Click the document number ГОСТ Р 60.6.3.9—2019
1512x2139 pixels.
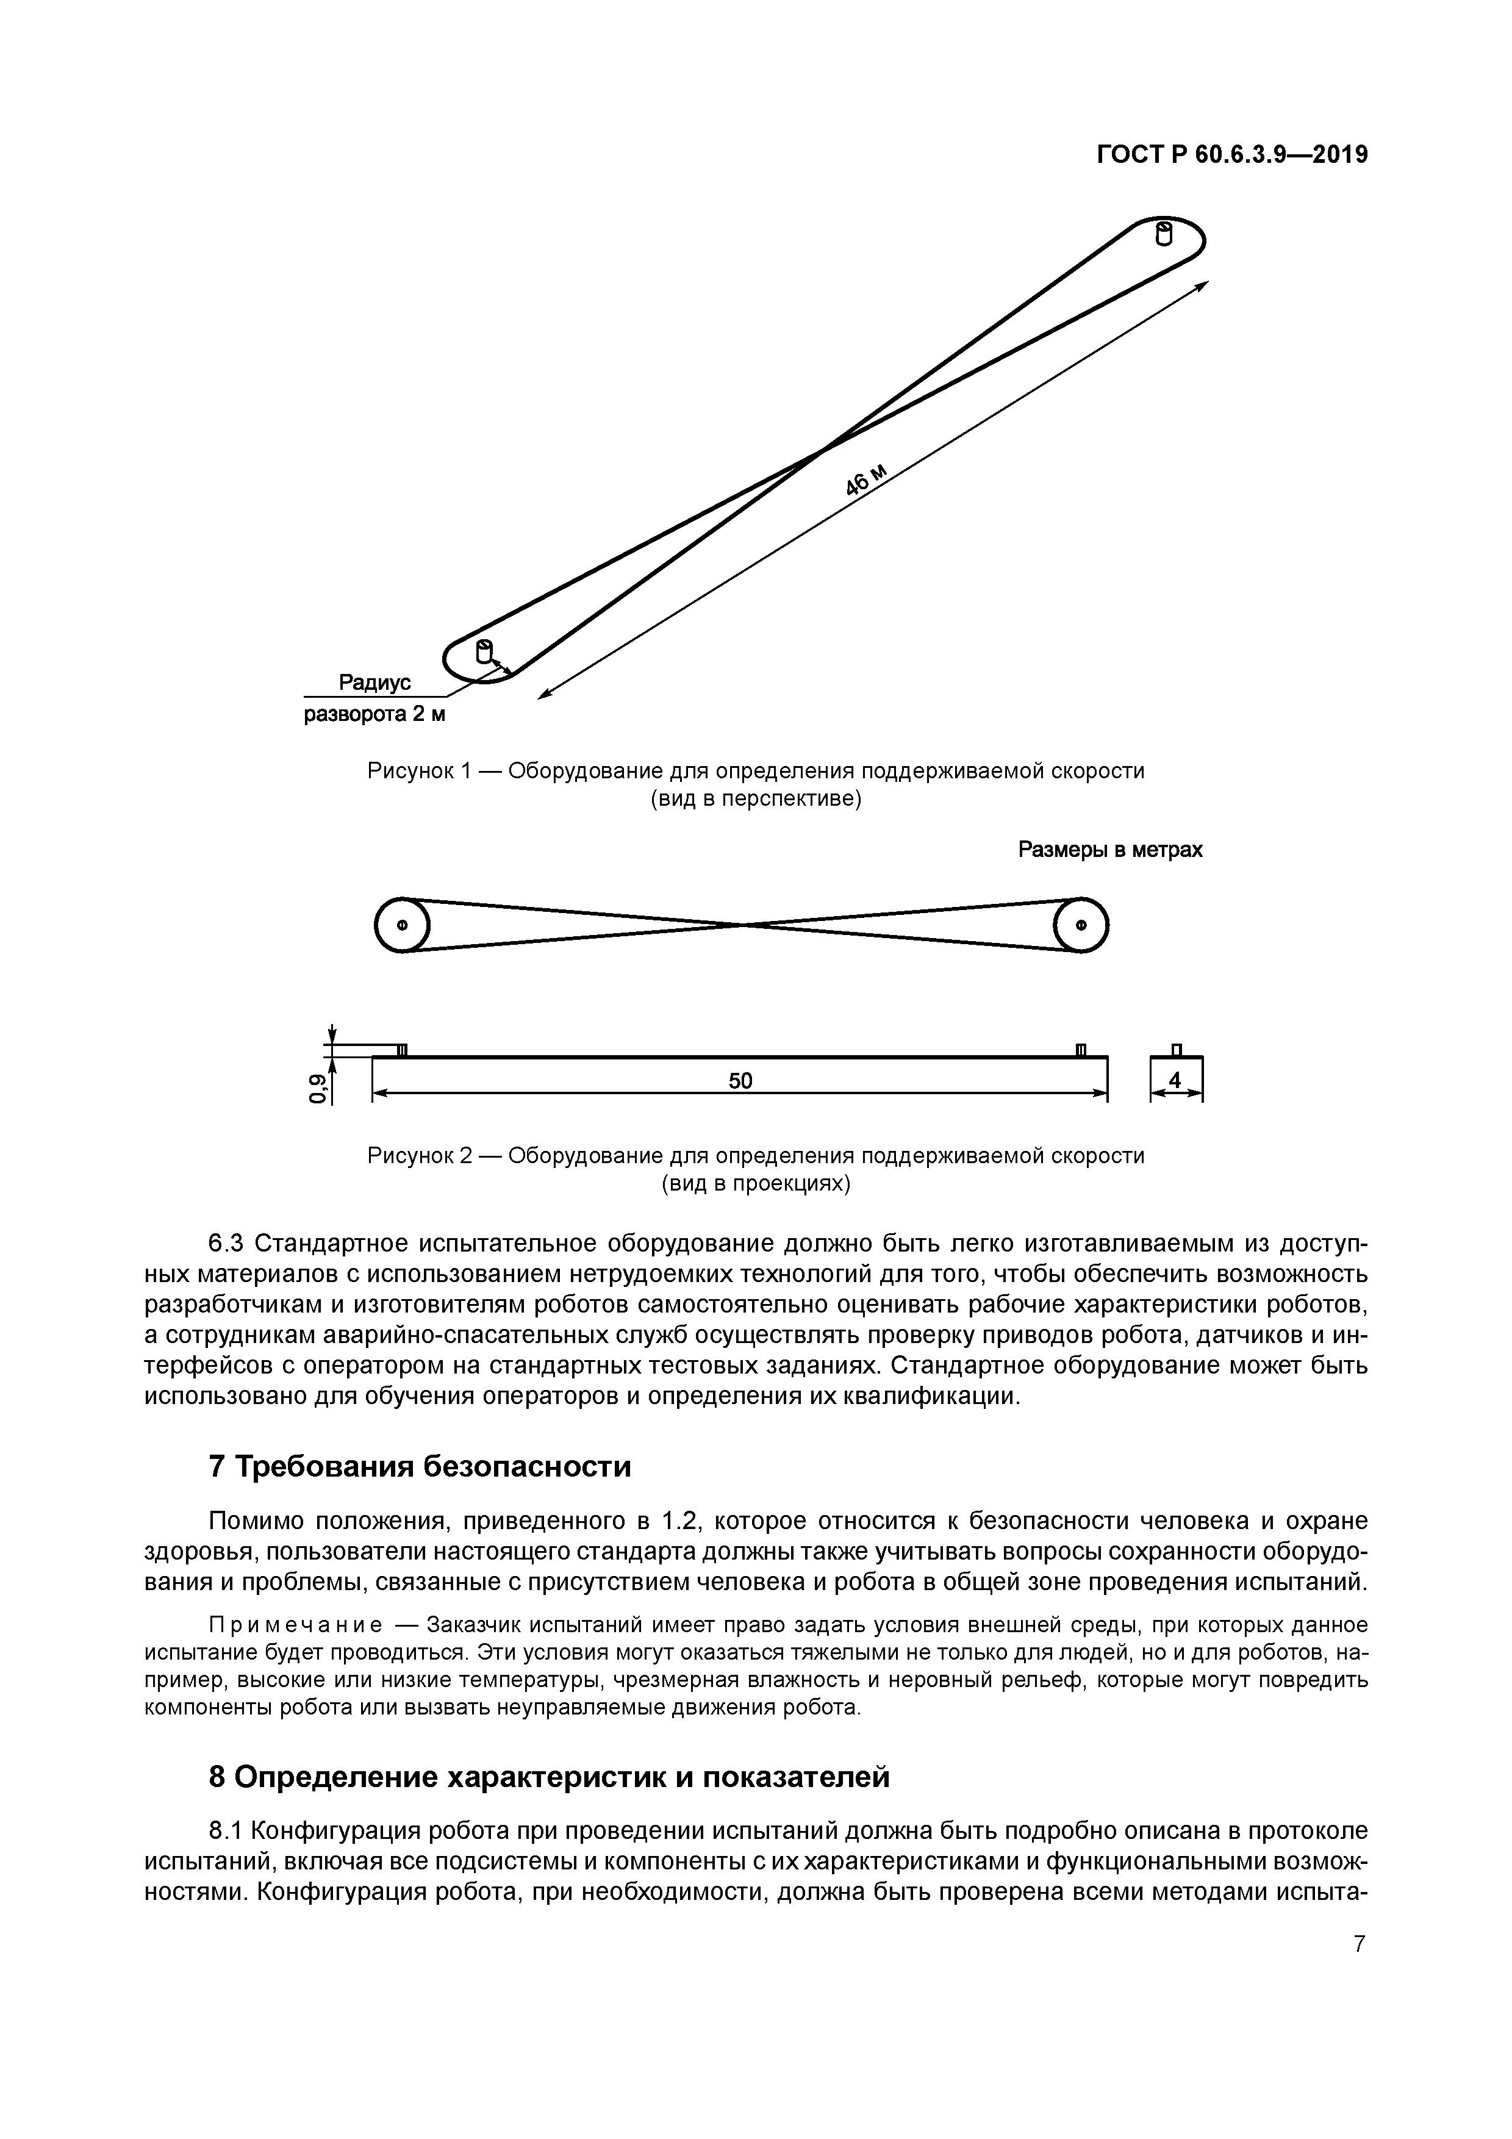[1231, 156]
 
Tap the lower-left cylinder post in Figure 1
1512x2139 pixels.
[484, 651]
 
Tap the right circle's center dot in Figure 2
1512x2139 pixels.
[1081, 925]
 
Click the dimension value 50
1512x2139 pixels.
[740, 1081]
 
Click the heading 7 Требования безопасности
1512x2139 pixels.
[419, 1466]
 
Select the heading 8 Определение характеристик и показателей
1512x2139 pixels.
[549, 1777]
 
